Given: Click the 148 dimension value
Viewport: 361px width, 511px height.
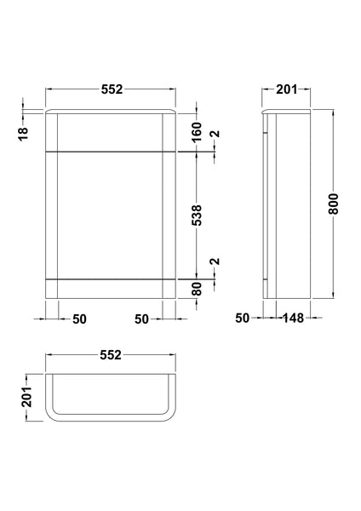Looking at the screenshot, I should tap(295, 319).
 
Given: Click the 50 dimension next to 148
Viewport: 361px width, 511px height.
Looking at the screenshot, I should tap(243, 319).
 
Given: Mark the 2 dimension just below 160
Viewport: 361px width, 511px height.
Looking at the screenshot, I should tap(215, 135).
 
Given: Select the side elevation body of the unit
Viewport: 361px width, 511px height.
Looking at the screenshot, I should tap(295, 204).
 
